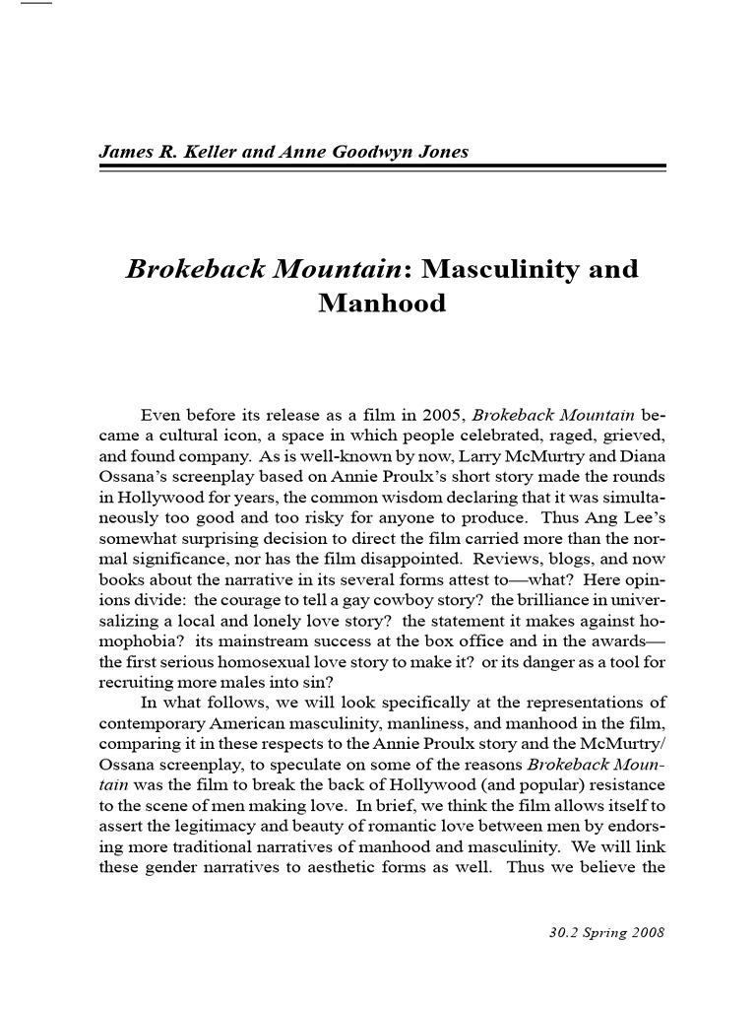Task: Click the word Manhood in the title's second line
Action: click(x=382, y=303)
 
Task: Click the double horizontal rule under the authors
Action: click(x=382, y=168)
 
